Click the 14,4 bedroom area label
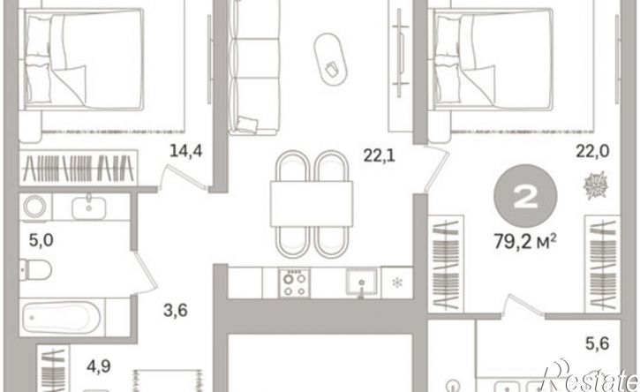185,152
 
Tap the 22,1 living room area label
380,155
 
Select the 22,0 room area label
592,152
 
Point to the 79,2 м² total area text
525,242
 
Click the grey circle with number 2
525,196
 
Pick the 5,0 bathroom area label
41,240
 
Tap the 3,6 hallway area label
176,311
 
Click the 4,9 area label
99,366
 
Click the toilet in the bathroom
35,269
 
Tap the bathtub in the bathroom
61,317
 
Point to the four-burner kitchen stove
295,283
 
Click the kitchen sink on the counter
362,282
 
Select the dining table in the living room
312,204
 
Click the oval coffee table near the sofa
331,59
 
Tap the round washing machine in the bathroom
35,207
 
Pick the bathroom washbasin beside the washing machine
89,207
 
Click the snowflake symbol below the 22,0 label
596,185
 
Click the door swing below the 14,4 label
183,177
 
